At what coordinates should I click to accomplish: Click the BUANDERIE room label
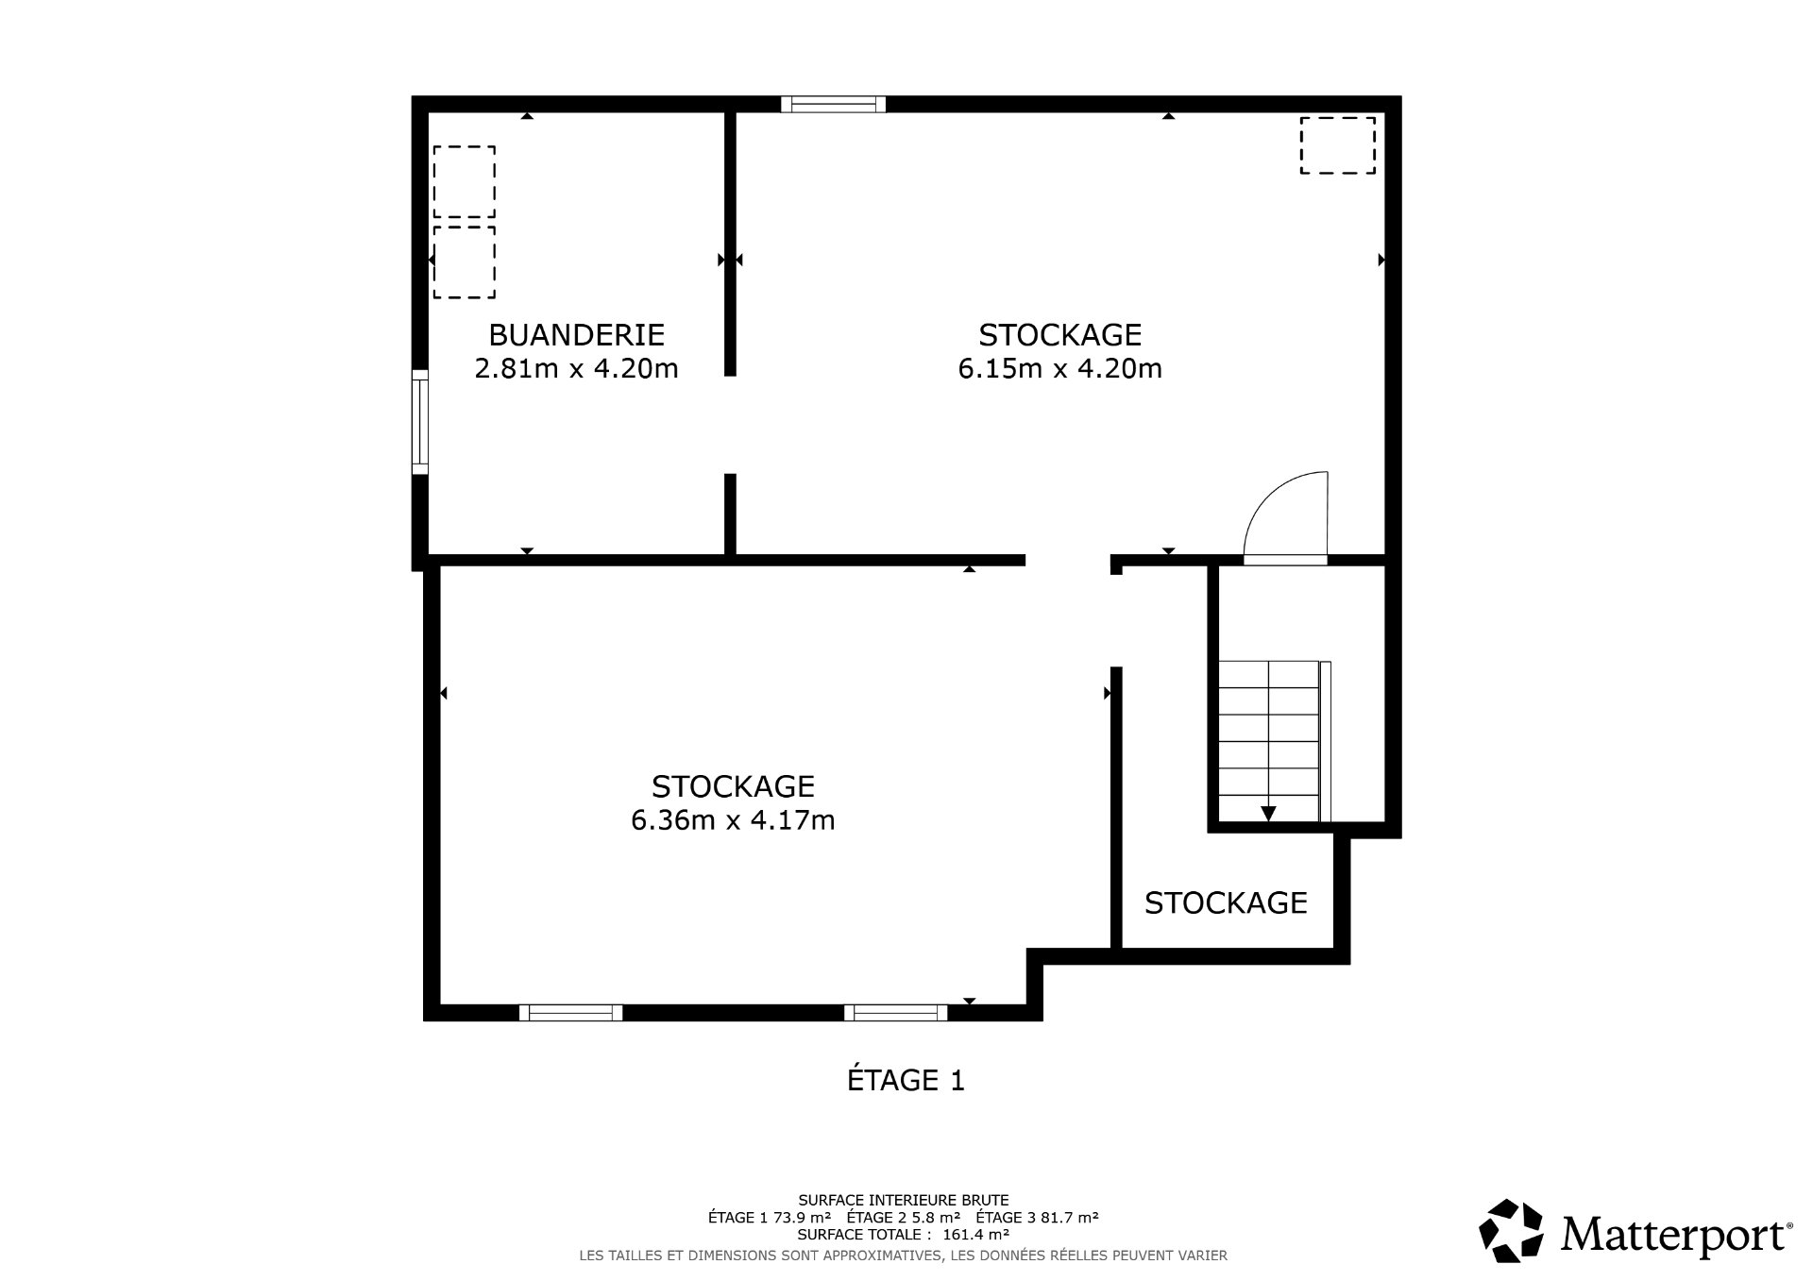point(576,335)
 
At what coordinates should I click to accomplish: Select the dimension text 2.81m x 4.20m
point(576,368)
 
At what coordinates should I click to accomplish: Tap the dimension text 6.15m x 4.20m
point(1059,368)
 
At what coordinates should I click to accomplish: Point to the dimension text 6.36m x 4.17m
point(733,820)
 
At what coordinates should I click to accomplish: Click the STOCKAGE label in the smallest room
point(1226,903)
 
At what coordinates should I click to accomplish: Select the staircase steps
point(1267,741)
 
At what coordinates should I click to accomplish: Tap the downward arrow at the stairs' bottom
point(1268,814)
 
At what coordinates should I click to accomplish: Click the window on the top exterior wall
point(833,104)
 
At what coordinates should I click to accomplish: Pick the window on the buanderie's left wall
point(420,422)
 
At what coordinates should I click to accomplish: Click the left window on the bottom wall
point(570,1013)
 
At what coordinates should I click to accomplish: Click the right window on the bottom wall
point(895,1013)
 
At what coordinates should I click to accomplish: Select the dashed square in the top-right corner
point(1337,145)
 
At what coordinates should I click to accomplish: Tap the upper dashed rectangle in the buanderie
point(464,182)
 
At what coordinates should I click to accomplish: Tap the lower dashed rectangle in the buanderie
point(464,261)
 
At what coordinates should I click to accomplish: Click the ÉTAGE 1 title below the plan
point(906,1080)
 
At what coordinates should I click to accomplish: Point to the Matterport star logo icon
point(1510,1230)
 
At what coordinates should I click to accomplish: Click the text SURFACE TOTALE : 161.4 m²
point(903,1234)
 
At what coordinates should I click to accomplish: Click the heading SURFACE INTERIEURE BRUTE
point(903,1201)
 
